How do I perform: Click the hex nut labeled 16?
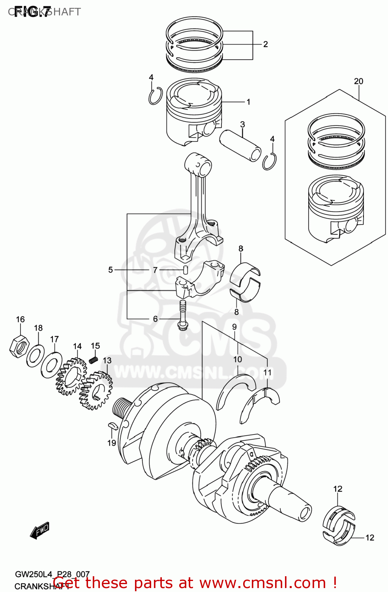(x=18, y=347)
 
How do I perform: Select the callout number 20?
(x=358, y=81)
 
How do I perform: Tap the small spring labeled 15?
(x=94, y=360)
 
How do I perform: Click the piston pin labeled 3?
(x=240, y=145)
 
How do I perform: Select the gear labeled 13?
(x=96, y=390)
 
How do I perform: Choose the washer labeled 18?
(x=36, y=355)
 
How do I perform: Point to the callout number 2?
(x=265, y=44)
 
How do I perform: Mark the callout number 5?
(x=111, y=270)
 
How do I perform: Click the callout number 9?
(x=234, y=327)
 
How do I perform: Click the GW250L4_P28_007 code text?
(x=52, y=574)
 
